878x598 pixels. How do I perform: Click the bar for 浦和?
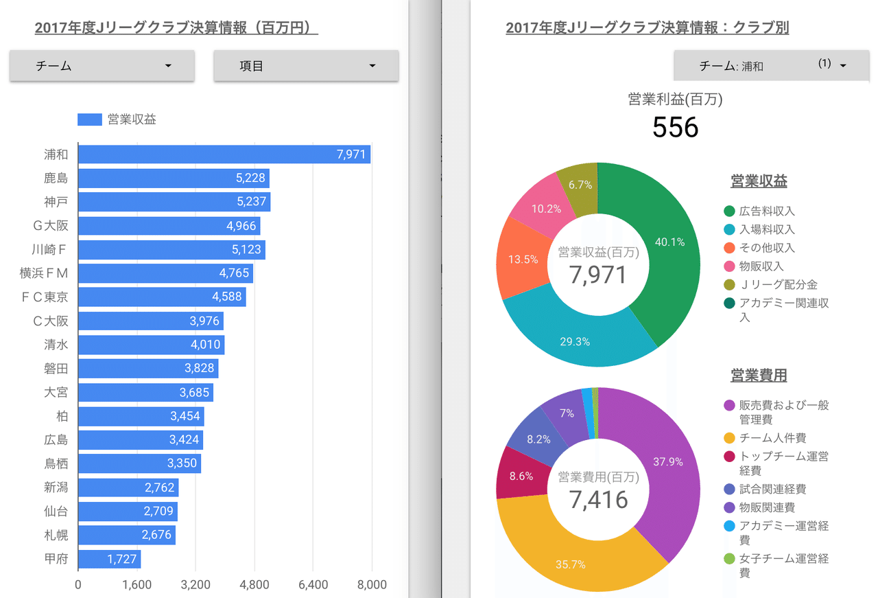pos(224,154)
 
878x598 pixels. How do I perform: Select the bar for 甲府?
pos(109,559)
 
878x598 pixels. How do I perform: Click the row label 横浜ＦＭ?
pos(45,273)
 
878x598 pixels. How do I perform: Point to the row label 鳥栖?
pos(56,463)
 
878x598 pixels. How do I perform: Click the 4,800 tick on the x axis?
pos(254,585)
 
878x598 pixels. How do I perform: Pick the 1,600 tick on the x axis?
pos(137,585)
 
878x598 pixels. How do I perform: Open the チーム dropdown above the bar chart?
pos(102,66)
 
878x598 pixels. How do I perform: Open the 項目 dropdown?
pos(306,66)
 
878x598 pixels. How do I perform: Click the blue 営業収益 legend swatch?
pos(90,119)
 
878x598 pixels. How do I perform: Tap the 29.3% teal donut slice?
pos(575,336)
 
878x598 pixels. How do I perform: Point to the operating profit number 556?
pos(675,128)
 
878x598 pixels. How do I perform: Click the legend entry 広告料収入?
pos(767,211)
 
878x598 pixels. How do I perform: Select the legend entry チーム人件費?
pos(772,438)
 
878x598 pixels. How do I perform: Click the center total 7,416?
pos(598,500)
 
